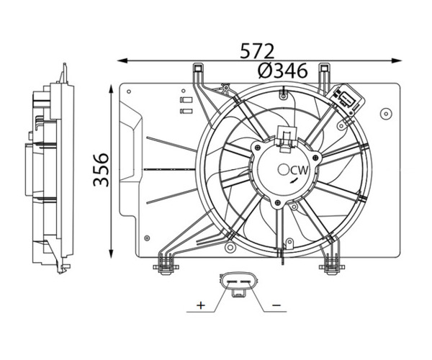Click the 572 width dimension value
coord(257,51)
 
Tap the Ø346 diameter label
coord(282,71)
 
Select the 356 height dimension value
coord(101,170)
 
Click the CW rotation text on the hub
coord(300,171)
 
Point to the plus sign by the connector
coord(201,305)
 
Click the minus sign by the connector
coord(276,305)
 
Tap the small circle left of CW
coord(283,170)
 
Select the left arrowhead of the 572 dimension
coord(122,60)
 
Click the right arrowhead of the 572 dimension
coord(397,60)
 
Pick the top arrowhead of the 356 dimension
coord(111,90)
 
